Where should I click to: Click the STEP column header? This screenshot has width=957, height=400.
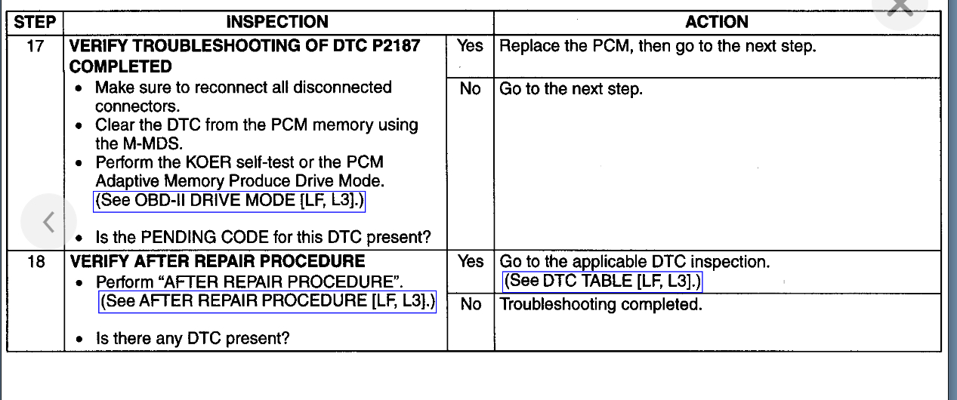point(35,23)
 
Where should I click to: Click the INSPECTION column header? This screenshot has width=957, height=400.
point(277,23)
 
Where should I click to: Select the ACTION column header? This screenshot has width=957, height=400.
point(717,23)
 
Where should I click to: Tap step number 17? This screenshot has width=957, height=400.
point(35,47)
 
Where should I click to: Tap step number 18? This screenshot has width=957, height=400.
point(35,262)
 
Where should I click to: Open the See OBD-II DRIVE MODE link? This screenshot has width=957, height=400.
point(233,202)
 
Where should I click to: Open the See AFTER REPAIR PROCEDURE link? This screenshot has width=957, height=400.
point(268,301)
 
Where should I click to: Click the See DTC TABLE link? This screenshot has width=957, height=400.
point(603,282)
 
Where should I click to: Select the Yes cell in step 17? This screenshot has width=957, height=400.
point(470,47)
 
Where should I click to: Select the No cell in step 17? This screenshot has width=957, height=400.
point(470,89)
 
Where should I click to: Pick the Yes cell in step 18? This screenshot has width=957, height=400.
point(470,262)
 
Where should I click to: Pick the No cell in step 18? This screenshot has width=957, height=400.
point(470,306)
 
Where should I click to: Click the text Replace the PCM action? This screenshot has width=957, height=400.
point(658,47)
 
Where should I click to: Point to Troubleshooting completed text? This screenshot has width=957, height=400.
point(601,306)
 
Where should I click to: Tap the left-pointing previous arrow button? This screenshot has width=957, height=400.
point(48,222)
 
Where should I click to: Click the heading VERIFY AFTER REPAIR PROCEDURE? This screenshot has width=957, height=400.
point(218,262)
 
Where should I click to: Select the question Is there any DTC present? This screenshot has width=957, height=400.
point(192,339)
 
